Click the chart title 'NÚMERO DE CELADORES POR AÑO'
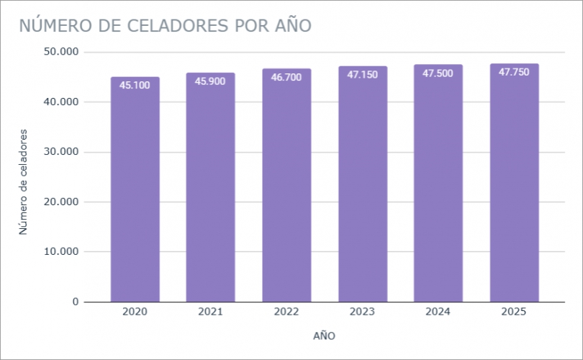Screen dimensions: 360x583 pyautogui.click(x=165, y=25)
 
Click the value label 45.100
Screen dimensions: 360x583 pyautogui.click(x=135, y=85)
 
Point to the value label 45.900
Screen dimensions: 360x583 pyautogui.click(x=210, y=81)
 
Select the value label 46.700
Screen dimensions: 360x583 pyautogui.click(x=286, y=77)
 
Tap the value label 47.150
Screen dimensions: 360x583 pyautogui.click(x=362, y=74)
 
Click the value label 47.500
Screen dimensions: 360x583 pyautogui.click(x=438, y=73)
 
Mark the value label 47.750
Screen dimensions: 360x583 pyautogui.click(x=514, y=72)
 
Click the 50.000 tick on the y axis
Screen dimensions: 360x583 pyautogui.click(x=60, y=53)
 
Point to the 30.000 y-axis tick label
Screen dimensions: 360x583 pyautogui.click(x=60, y=152)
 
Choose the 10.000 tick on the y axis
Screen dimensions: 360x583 pyautogui.click(x=60, y=252)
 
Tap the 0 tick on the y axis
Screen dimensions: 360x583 pyautogui.click(x=75, y=302)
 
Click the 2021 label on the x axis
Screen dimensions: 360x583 pyautogui.click(x=210, y=312)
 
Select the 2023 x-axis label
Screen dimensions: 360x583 pyautogui.click(x=362, y=312)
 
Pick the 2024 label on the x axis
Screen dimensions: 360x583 pyautogui.click(x=438, y=312)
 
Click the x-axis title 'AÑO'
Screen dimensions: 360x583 pyautogui.click(x=324, y=336)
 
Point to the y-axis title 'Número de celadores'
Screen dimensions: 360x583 pyautogui.click(x=24, y=181)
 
